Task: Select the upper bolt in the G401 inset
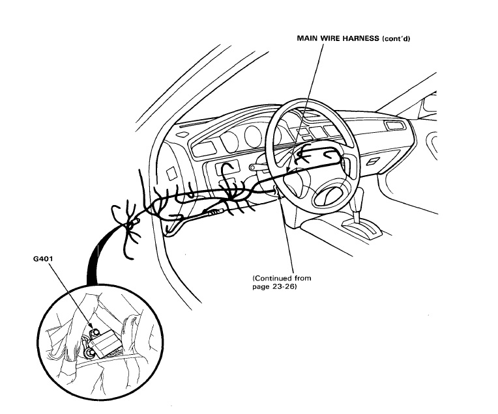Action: click(x=96, y=333)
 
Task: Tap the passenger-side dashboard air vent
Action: click(x=394, y=125)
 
